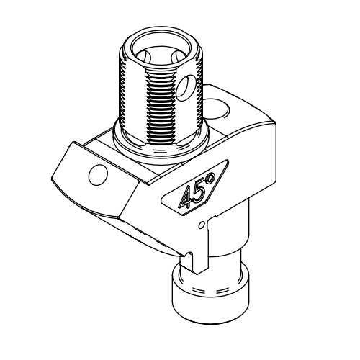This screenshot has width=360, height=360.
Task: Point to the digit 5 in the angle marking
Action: click(199, 189)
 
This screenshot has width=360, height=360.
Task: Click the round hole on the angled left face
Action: click(95, 174)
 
